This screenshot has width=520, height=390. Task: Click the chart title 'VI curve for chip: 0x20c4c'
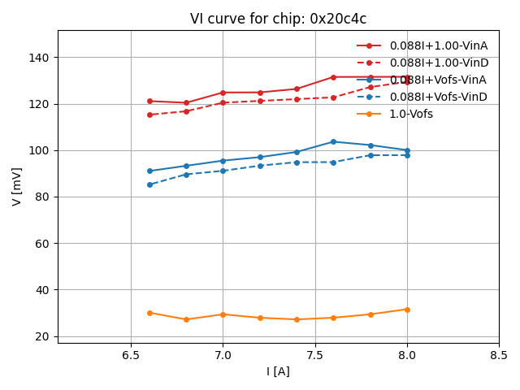click(278, 19)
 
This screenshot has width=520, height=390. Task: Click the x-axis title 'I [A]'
click(278, 371)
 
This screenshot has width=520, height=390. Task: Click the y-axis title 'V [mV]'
click(17, 186)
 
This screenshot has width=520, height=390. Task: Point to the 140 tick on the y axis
click(40, 58)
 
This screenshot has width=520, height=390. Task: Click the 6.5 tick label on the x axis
click(131, 355)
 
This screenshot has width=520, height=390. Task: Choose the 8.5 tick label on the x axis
click(499, 355)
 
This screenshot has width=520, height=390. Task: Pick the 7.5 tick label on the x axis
click(315, 355)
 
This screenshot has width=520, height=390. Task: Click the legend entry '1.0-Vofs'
click(411, 114)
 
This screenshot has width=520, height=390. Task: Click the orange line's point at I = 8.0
click(407, 310)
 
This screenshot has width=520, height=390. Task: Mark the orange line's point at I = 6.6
click(149, 313)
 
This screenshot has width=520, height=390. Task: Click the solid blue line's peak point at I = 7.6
click(333, 141)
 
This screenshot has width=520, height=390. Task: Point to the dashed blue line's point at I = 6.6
click(149, 184)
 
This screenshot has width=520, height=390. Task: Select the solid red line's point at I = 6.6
click(149, 101)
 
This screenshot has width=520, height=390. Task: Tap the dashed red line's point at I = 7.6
click(333, 97)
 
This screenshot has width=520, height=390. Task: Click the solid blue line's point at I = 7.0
click(223, 161)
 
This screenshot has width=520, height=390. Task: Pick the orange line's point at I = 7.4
click(297, 319)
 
